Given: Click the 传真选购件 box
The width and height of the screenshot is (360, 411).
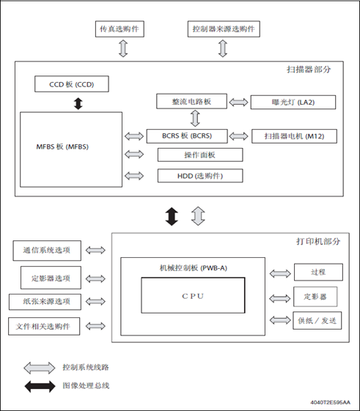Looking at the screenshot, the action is (x=120, y=29).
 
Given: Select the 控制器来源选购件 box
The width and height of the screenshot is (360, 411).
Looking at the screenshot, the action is (x=224, y=29).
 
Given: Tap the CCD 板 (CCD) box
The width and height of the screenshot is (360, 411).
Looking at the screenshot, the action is (x=72, y=84).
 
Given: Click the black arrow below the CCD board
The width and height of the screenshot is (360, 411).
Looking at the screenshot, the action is (x=78, y=103).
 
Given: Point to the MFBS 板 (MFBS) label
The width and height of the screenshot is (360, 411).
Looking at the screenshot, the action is (x=62, y=147).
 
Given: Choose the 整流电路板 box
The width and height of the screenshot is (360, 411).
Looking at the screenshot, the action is (x=191, y=101).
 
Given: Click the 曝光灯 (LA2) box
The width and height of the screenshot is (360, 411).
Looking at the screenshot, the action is (x=293, y=103).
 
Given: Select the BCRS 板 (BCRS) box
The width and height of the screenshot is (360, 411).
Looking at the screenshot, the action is (x=187, y=136).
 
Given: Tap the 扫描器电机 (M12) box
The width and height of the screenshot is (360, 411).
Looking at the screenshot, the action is (x=294, y=136).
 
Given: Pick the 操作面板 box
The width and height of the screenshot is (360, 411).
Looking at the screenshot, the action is (x=200, y=155).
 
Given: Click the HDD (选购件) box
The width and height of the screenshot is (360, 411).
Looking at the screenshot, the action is (x=200, y=176).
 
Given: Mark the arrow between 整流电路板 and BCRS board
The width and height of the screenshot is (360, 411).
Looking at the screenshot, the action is (x=195, y=119).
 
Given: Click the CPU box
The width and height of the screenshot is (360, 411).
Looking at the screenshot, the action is (x=193, y=295).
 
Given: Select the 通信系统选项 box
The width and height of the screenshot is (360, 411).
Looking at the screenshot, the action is (x=47, y=251).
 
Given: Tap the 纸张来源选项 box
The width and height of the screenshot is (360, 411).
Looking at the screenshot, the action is (x=45, y=302).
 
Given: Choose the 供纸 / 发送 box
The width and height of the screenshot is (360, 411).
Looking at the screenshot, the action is (x=317, y=321).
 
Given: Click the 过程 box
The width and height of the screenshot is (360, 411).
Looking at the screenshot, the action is (x=318, y=273).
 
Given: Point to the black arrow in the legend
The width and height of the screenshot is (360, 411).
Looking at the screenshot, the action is (x=40, y=386).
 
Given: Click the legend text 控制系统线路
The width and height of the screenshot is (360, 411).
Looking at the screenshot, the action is (x=86, y=367).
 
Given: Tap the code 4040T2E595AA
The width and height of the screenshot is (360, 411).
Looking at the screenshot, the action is (x=331, y=402).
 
